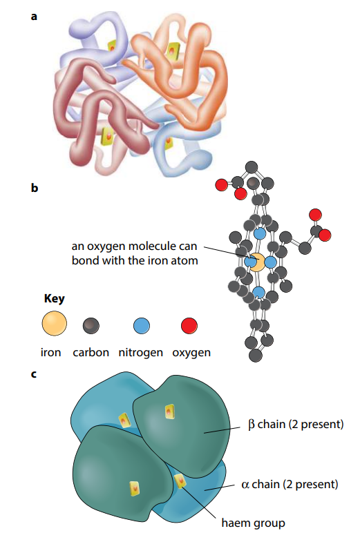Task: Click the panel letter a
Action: (x=34, y=17)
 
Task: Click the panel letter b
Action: (x=35, y=188)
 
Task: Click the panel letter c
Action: (x=34, y=374)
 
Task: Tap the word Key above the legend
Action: (x=55, y=299)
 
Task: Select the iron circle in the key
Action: (x=55, y=323)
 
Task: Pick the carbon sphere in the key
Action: (x=91, y=326)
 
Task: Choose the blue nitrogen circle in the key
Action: (x=142, y=326)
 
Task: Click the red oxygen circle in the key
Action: (x=189, y=326)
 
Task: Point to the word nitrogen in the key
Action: (x=141, y=353)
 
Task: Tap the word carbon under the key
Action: (x=91, y=353)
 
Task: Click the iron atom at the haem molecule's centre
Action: (x=258, y=262)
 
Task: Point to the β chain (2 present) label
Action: (x=296, y=424)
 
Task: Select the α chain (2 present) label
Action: (x=290, y=484)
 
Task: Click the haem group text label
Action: (x=253, y=523)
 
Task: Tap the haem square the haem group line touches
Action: (x=180, y=481)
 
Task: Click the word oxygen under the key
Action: (x=191, y=353)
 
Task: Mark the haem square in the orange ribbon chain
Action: (x=172, y=51)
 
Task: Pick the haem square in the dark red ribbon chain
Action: (x=108, y=137)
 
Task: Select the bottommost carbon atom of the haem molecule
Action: (x=255, y=355)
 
